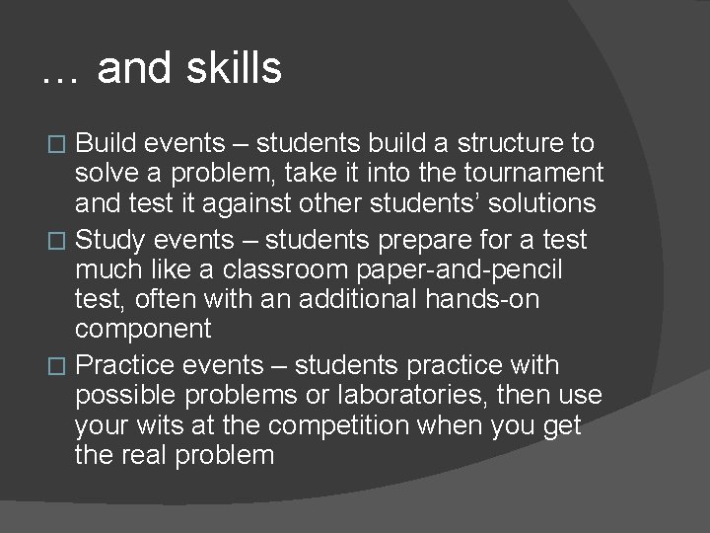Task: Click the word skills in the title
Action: (x=235, y=69)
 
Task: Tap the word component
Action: (x=143, y=329)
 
